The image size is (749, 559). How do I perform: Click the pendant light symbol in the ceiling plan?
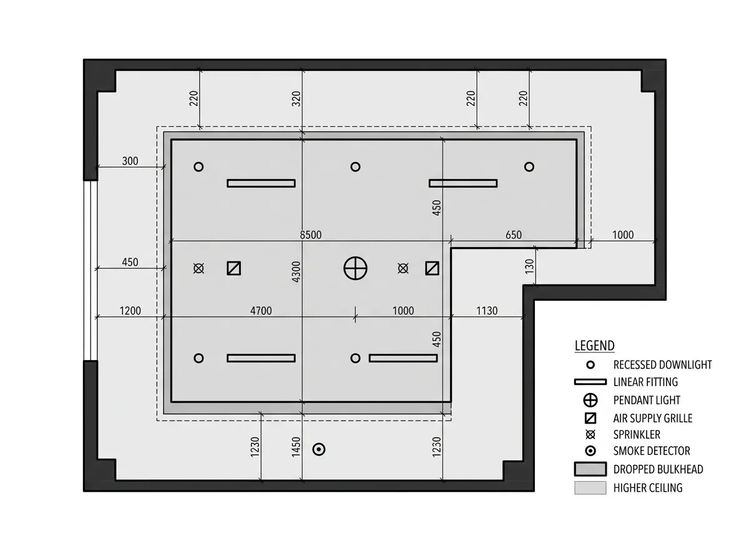pyautogui.click(x=355, y=268)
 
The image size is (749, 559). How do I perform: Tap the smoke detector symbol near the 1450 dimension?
pyautogui.click(x=319, y=449)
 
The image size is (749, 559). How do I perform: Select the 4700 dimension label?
pyautogui.click(x=261, y=311)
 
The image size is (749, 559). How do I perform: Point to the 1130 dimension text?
pyautogui.click(x=487, y=311)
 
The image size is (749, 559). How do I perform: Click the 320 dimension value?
pyautogui.click(x=296, y=99)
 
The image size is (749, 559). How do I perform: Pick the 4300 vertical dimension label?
pyautogui.click(x=296, y=272)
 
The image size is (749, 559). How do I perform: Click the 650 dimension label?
pyautogui.click(x=514, y=235)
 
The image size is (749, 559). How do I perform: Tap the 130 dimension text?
pyautogui.click(x=529, y=266)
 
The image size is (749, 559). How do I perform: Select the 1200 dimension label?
pyautogui.click(x=130, y=311)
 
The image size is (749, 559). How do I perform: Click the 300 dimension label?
pyautogui.click(x=130, y=161)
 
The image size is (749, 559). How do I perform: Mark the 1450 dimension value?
pyautogui.click(x=296, y=447)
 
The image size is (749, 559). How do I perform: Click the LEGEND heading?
pyautogui.click(x=594, y=346)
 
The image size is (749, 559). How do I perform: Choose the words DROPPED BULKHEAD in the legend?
pyautogui.click(x=658, y=469)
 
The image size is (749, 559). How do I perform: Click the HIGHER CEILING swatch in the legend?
pyautogui.click(x=590, y=488)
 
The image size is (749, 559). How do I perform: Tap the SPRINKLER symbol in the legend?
pyautogui.click(x=590, y=434)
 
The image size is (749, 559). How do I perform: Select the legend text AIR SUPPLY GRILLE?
pyautogui.click(x=653, y=418)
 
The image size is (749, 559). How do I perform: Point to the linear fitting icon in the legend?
pyautogui.click(x=590, y=382)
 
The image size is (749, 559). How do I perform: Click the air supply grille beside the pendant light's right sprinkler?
pyautogui.click(x=432, y=268)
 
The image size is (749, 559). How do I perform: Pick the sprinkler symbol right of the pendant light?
pyautogui.click(x=403, y=268)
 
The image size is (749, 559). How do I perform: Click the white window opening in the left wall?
pyautogui.click(x=91, y=271)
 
